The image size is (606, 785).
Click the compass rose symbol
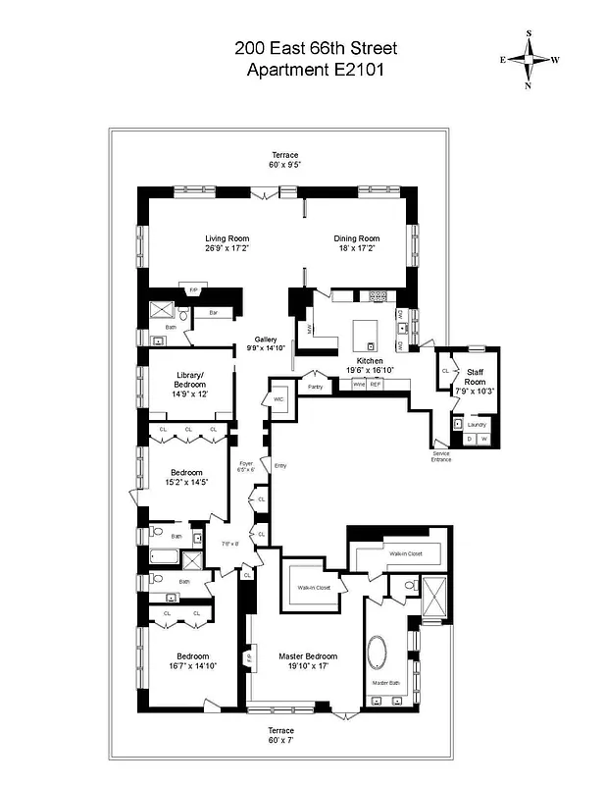[530, 59]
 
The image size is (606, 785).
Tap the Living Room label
[227, 243]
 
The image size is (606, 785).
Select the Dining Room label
[357, 243]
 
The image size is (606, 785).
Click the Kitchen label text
[369, 366]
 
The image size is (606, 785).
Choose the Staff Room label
[475, 377]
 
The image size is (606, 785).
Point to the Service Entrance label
[441, 456]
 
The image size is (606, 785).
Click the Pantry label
[315, 387]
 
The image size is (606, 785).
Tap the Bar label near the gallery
[213, 314]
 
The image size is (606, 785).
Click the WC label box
[278, 399]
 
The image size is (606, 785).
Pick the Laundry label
[477, 424]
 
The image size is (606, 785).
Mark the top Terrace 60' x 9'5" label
[285, 160]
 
